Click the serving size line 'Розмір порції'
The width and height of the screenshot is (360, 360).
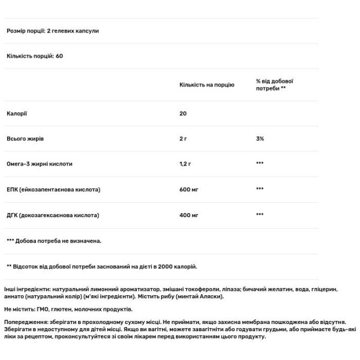click(x=52, y=31)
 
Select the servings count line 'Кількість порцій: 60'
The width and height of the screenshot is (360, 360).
click(x=35, y=56)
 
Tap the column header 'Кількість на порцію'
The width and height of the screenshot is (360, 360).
click(x=207, y=85)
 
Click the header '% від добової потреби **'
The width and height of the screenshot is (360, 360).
click(x=274, y=85)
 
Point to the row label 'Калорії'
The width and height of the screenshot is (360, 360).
click(x=17, y=113)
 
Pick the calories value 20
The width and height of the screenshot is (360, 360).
click(x=183, y=113)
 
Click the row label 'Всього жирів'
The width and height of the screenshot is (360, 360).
click(x=25, y=139)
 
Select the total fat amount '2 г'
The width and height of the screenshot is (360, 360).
click(x=184, y=139)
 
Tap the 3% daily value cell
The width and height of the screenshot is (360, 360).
click(x=260, y=139)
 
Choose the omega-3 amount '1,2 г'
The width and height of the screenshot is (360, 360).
click(x=186, y=164)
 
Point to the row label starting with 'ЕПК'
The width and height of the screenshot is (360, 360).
click(x=53, y=189)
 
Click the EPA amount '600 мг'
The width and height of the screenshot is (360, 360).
click(x=189, y=189)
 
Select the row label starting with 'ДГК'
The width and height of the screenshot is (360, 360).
click(x=52, y=214)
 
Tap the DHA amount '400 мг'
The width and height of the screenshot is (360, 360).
click(x=189, y=214)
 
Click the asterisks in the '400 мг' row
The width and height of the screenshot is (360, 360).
click(x=260, y=215)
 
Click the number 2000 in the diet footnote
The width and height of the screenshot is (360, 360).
click(x=166, y=266)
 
